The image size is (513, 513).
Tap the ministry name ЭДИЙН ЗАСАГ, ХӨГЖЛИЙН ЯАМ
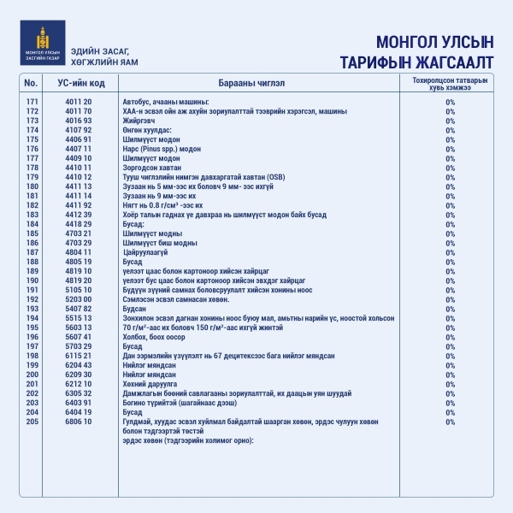coord(104,57)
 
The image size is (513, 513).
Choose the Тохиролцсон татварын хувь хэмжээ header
coord(450,83)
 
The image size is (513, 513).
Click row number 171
coord(32,102)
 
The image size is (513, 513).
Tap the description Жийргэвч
coord(140,121)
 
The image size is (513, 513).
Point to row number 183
coord(32,214)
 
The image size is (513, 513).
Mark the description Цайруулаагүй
coord(145,251)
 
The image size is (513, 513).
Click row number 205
coord(32,421)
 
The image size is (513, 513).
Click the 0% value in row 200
coord(450,374)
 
